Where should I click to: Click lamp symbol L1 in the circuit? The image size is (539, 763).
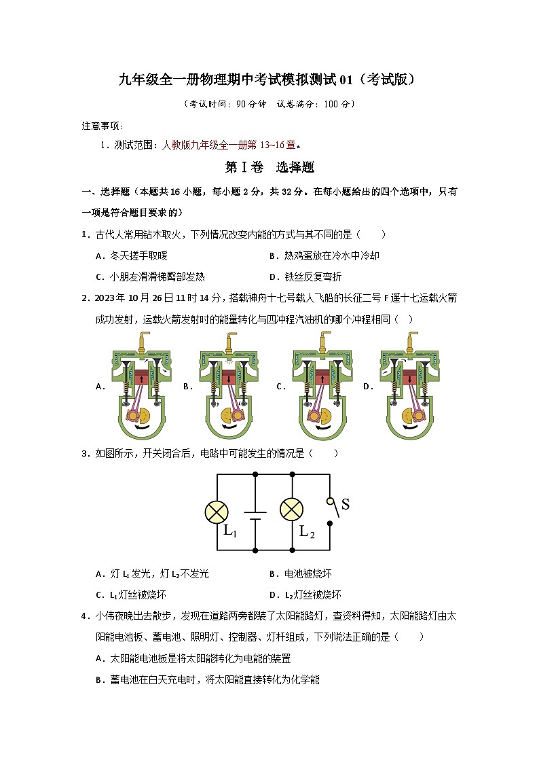[x=217, y=512]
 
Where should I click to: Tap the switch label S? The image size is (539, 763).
[x=346, y=504]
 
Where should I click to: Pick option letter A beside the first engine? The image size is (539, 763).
[x=100, y=387]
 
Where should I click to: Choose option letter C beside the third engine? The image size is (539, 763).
[x=280, y=387]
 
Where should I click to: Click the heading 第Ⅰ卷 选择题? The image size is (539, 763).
[x=269, y=167]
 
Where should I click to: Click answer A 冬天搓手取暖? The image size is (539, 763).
[x=133, y=255]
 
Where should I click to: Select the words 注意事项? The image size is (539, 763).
[x=101, y=126]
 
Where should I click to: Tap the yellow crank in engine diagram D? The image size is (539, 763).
[x=410, y=416]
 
